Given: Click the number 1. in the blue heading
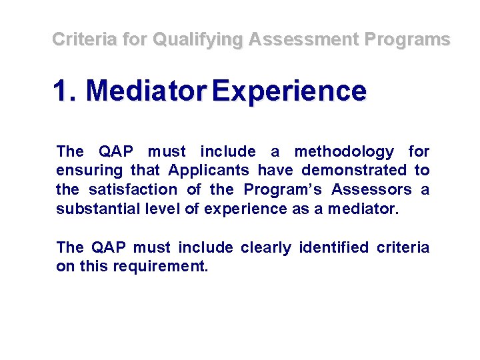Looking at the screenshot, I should (x=66, y=91).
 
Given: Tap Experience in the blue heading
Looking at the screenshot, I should (x=288, y=91).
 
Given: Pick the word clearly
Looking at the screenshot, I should (x=266, y=248).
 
